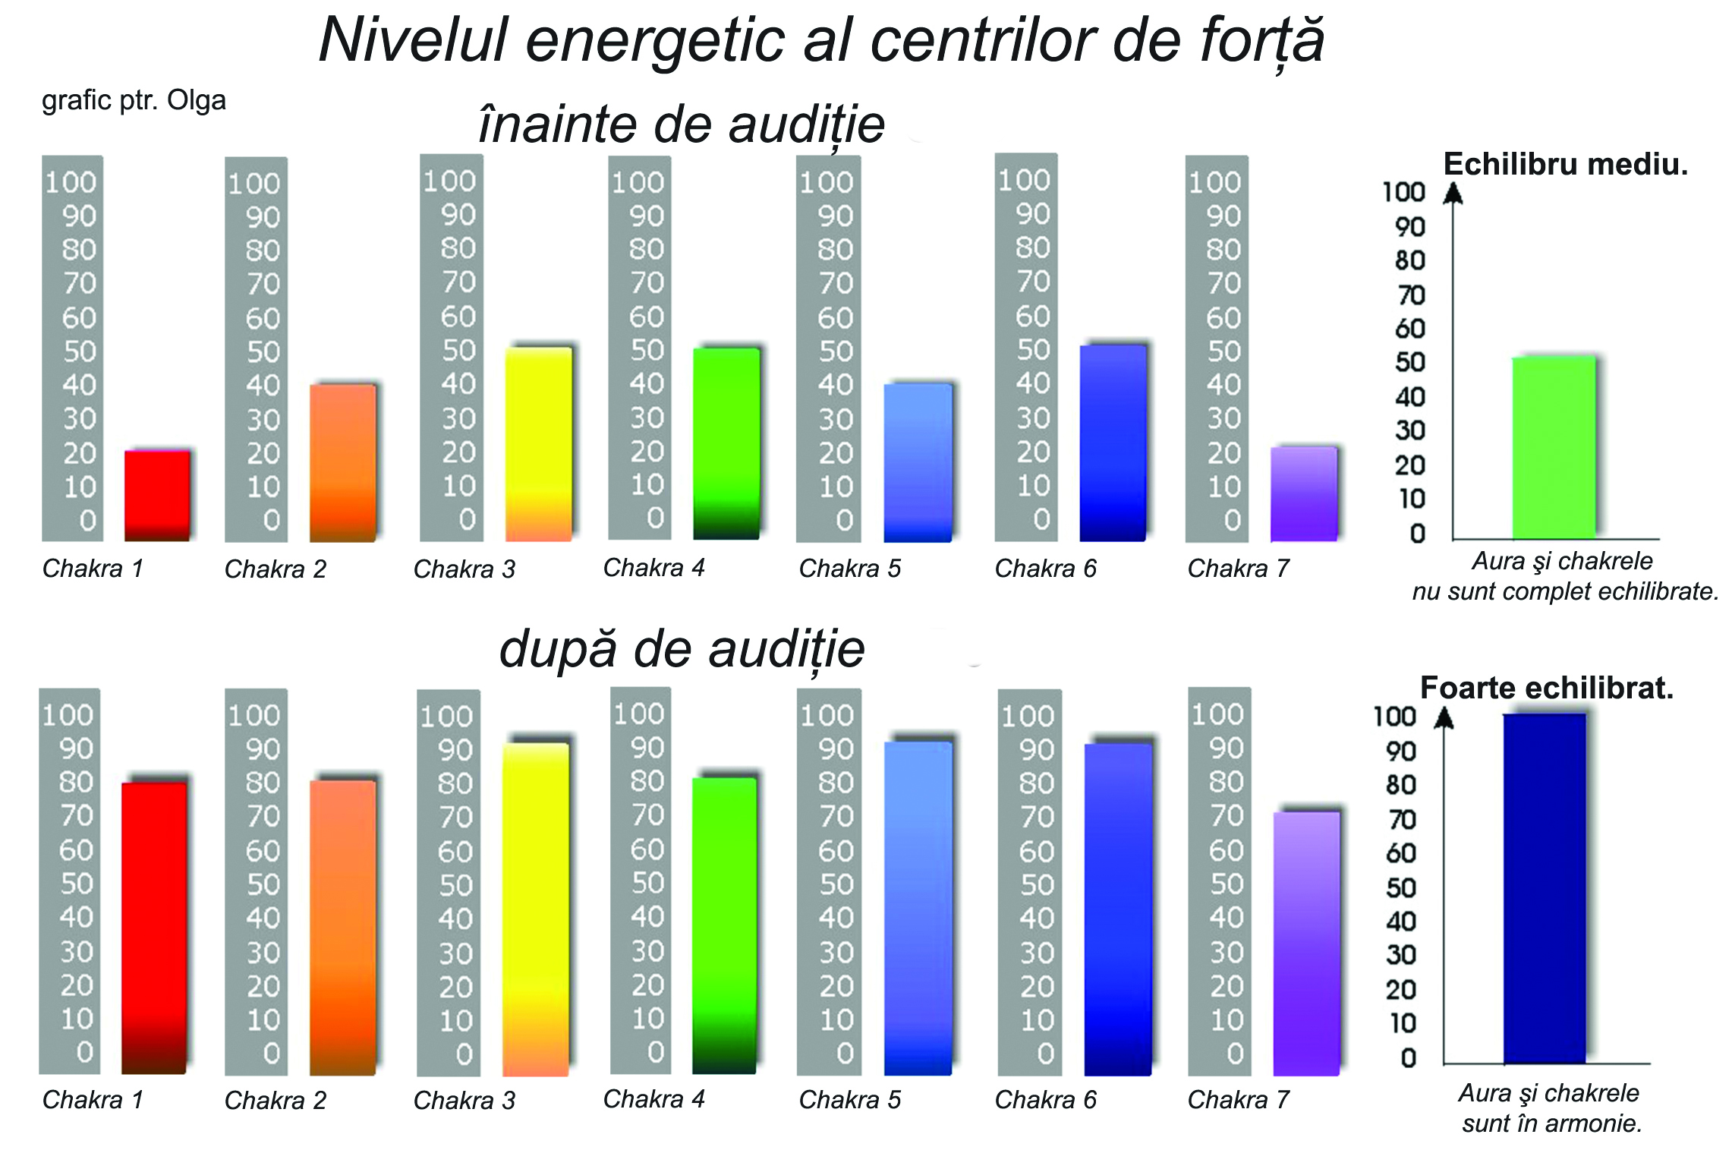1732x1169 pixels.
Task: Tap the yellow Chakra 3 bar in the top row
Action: coord(539,444)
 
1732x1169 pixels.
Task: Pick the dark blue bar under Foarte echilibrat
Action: coord(1545,888)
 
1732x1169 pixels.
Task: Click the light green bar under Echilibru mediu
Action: coord(1554,448)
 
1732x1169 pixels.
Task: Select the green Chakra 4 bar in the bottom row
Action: coord(725,926)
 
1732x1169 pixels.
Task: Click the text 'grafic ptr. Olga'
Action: coord(134,100)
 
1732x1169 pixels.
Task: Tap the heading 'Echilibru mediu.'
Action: coord(1565,165)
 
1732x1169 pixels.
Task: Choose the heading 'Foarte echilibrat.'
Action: coord(1546,688)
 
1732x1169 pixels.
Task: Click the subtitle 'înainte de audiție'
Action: coord(682,124)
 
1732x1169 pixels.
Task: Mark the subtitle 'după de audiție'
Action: coord(682,650)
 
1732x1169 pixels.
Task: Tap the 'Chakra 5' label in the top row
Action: coord(849,569)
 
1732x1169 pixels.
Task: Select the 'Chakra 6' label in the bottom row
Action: coord(1045,1100)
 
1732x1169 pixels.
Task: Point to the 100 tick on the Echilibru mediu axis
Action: coord(1403,192)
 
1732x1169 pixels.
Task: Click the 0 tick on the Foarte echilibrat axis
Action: coord(1409,1057)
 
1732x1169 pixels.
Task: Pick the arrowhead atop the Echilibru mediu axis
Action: coord(1453,194)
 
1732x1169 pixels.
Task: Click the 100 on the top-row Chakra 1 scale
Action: coord(71,182)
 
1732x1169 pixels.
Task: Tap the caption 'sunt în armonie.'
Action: coord(1552,1123)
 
